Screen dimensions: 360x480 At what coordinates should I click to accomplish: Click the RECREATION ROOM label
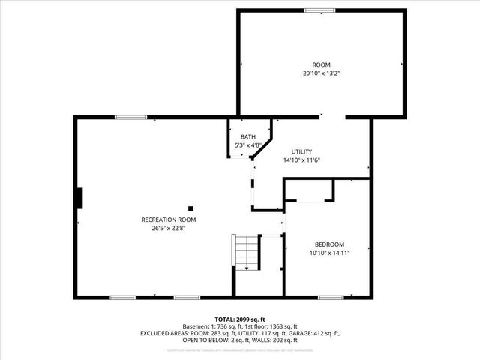(x=168, y=220)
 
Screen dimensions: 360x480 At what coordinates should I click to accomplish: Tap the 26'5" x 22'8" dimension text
(x=168, y=229)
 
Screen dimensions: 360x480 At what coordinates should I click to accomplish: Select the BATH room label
(x=247, y=136)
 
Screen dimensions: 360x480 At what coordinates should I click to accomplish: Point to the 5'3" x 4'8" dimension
(x=247, y=145)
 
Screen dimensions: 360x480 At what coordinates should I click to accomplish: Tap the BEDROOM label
(x=328, y=244)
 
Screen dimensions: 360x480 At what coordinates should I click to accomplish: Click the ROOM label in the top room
(x=321, y=65)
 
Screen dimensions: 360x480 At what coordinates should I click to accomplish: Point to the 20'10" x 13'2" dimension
(x=321, y=73)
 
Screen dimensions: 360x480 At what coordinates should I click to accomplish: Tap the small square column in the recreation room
(x=190, y=208)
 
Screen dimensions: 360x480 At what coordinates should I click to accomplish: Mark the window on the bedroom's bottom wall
(x=330, y=298)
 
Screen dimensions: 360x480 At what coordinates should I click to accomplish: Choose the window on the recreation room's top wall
(x=130, y=116)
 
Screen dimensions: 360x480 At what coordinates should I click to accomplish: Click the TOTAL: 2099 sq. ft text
(x=239, y=319)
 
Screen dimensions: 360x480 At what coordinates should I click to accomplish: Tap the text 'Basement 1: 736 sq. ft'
(x=209, y=326)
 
